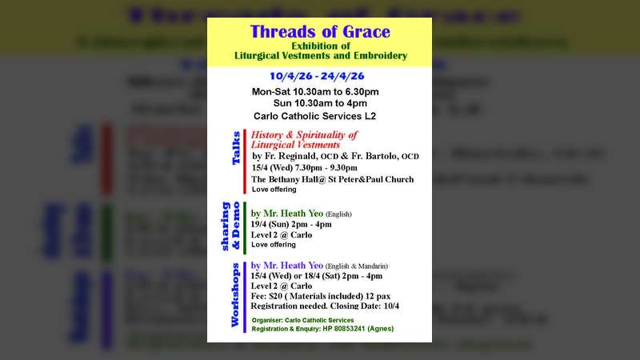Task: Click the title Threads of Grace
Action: tap(320, 33)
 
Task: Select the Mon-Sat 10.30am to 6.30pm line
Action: tap(315, 91)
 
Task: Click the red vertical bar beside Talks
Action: tap(246, 161)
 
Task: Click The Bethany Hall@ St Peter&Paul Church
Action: tap(332, 179)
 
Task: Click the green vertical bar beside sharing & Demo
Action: tap(246, 227)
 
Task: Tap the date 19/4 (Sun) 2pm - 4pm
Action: tap(291, 224)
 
